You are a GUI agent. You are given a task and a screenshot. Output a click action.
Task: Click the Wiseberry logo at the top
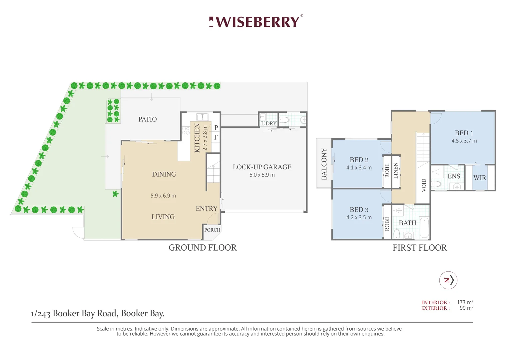pos(256,22)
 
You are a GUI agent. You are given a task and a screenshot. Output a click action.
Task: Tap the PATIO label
pos(148,119)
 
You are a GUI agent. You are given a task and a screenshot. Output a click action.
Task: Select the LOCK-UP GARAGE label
pos(262,167)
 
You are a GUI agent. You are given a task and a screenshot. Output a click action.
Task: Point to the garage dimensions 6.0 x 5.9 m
pos(262,175)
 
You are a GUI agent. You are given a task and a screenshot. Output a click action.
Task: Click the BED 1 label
pos(464,133)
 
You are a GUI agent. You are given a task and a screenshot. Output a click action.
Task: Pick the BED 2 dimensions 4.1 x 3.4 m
pos(359,168)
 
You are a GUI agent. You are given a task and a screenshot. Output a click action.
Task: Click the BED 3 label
pos(359,210)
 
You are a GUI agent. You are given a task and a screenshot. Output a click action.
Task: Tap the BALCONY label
pos(324,164)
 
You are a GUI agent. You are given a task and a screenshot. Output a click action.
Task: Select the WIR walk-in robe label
pos(480,178)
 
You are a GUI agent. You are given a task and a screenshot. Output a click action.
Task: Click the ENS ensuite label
pos(454,176)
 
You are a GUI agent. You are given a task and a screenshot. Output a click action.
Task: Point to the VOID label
pos(424,185)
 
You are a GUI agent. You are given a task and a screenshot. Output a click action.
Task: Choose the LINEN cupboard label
pos(396,170)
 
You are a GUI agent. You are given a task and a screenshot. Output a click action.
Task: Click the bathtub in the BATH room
pos(424,227)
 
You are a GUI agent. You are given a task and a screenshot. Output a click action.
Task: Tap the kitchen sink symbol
pos(202,117)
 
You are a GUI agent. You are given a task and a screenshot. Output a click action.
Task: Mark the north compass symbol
pos(448,280)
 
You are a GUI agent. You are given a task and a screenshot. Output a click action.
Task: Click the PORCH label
pos(212,230)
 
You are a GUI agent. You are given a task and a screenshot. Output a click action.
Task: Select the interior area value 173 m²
pos(465,302)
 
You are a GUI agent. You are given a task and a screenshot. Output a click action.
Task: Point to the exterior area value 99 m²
pos(466,308)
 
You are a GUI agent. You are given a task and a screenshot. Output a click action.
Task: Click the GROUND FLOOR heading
pos(203,248)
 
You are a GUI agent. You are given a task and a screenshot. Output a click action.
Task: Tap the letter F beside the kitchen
pos(216,137)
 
